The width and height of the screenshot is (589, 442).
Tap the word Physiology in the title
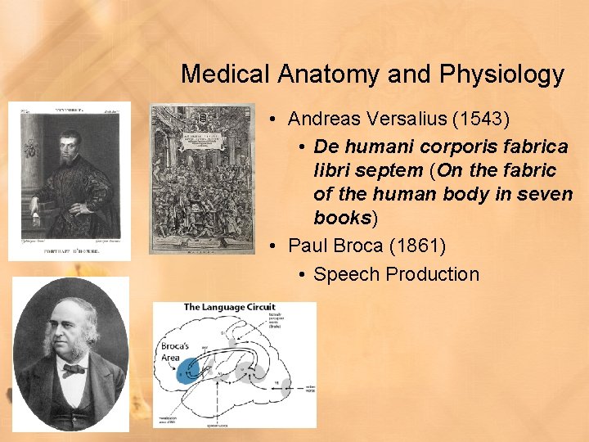[501, 74]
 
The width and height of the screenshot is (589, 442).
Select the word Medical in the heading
[225, 74]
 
